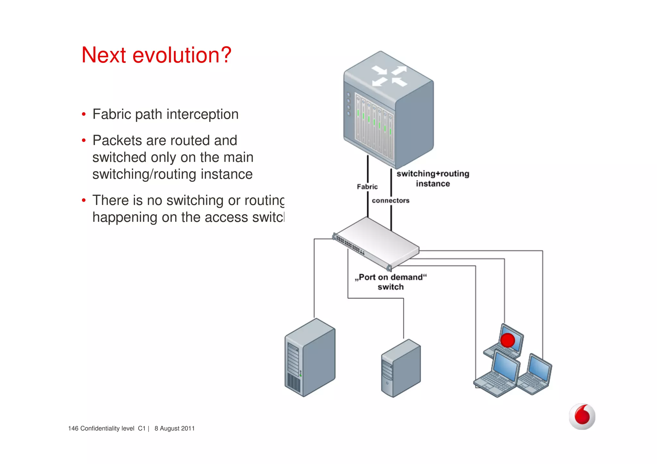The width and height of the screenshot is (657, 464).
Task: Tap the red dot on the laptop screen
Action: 507,340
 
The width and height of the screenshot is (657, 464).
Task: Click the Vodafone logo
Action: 582,416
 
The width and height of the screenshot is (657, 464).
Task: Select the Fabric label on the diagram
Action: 367,187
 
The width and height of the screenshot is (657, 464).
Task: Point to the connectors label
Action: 390,200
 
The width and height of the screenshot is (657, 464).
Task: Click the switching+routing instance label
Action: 433,179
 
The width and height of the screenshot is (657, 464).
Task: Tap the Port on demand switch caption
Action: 391,282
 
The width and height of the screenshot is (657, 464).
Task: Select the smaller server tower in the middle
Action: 401,368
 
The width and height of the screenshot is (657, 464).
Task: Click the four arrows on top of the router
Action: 389,76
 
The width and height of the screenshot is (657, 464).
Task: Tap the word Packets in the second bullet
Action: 117,140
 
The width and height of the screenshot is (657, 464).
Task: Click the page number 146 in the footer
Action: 73,428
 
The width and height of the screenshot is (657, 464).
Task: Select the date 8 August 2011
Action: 175,428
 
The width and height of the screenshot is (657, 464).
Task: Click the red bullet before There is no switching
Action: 84,200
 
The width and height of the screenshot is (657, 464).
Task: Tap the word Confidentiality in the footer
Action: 107,428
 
